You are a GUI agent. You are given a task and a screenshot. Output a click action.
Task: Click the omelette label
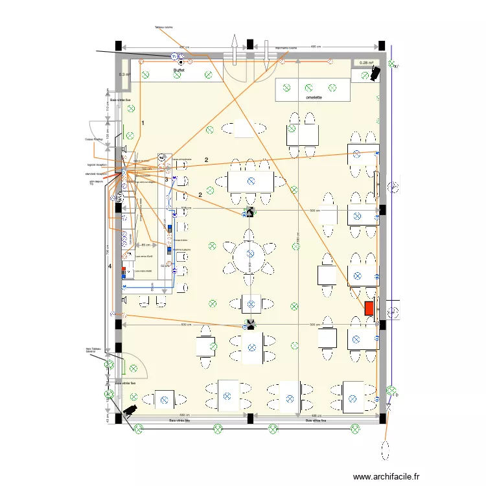pos(316,98)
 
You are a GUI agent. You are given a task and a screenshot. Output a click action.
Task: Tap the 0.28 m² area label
pos(367,63)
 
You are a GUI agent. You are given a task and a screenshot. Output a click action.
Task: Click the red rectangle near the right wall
pos(369,308)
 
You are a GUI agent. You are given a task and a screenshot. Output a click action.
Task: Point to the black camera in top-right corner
pos(373,75)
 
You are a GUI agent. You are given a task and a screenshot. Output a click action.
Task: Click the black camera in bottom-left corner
pos(130,410)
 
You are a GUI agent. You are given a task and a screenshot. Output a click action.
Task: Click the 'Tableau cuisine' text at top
pos(164,27)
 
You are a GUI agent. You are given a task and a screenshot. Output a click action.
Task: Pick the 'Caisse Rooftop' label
pos(94,139)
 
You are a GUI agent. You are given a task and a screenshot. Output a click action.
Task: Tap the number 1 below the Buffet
pos(143,122)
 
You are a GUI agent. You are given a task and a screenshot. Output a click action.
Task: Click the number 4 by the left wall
pos(110,266)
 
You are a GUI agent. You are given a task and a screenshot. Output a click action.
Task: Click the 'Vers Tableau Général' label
pos(95,350)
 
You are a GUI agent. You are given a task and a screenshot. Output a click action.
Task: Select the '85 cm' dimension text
pos(146,245)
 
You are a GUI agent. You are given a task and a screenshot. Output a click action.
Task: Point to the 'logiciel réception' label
pos(96,165)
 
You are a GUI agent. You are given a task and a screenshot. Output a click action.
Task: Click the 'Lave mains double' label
pos(144,271)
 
